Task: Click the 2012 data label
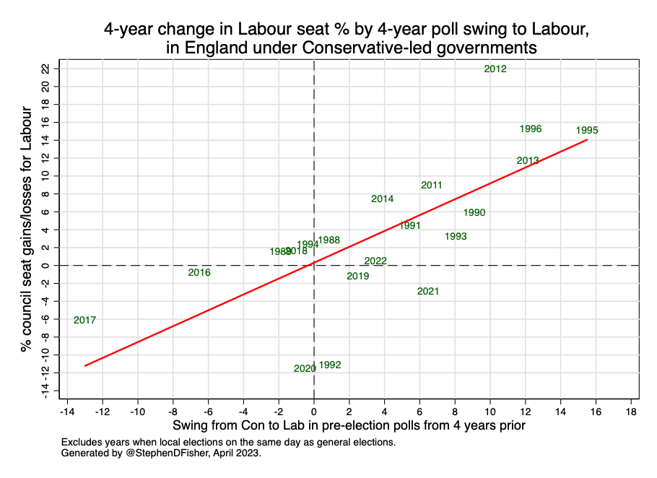point(495,69)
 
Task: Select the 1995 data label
point(587,131)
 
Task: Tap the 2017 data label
point(84,320)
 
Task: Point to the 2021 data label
point(428,292)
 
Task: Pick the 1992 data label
point(330,365)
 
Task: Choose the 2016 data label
point(199,273)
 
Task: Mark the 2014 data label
point(383,199)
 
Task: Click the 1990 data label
point(474,213)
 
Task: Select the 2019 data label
point(358,277)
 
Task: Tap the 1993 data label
point(456,237)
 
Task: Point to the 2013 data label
point(528,161)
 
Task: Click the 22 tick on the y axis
point(45,69)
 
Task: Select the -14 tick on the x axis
point(66,412)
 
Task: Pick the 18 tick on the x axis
point(632,412)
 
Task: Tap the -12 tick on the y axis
point(45,371)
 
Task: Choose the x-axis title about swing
point(349,426)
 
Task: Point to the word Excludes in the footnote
point(82,442)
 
